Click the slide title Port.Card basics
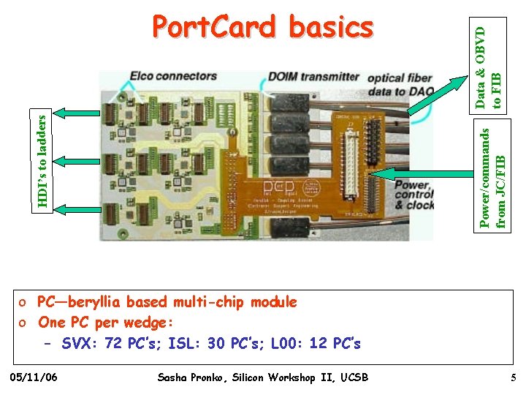pyautogui.click(x=262, y=28)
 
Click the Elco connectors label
pyautogui.click(x=173, y=75)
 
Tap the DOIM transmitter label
pyautogui.click(x=314, y=76)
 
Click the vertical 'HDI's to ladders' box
pyautogui.click(x=45, y=159)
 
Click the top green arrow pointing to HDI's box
pyautogui.click(x=77, y=113)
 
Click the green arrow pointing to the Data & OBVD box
pyautogui.click(x=439, y=95)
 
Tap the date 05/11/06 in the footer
pyautogui.click(x=36, y=377)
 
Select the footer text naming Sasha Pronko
pyautogui.click(x=263, y=377)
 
